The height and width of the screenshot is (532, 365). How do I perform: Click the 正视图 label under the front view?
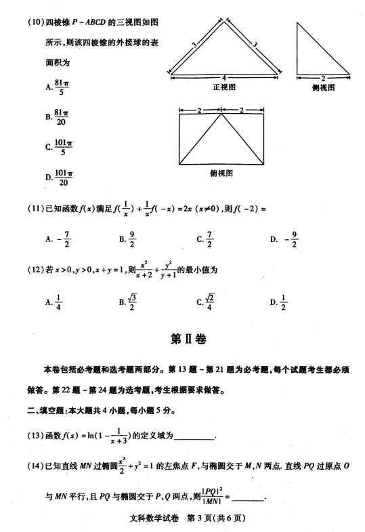223,87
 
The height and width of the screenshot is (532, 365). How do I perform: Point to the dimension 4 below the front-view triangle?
223,77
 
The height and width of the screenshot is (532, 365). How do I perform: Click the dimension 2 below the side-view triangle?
323,77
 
